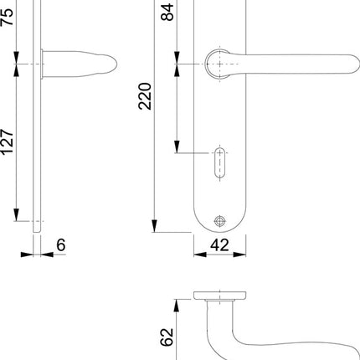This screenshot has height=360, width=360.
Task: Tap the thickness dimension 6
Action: [x=61, y=246]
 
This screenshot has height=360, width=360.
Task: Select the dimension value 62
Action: [x=167, y=337]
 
